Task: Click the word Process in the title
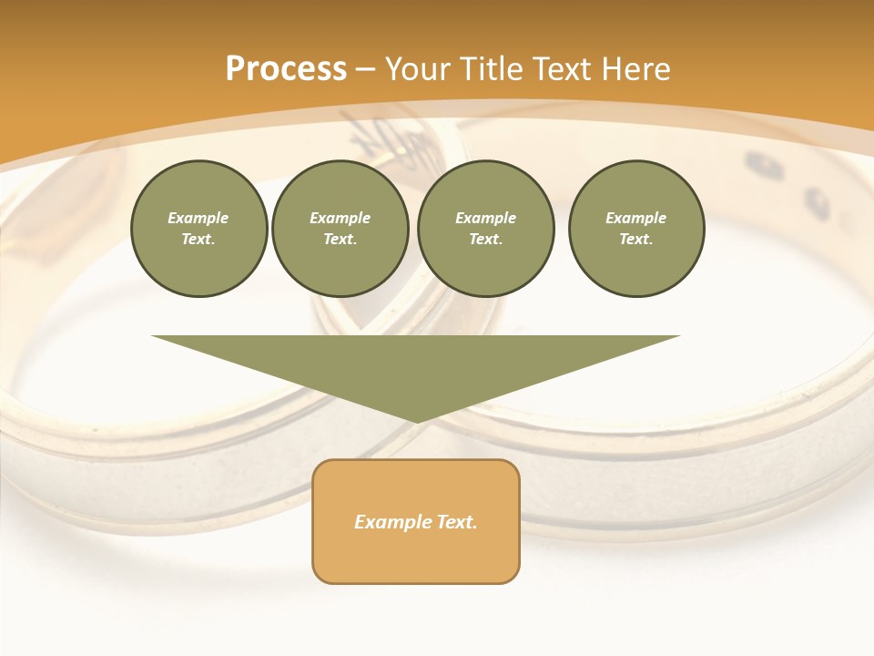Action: [x=286, y=69]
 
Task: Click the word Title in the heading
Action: [x=490, y=69]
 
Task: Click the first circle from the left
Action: [x=198, y=229]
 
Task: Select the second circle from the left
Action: [x=340, y=229]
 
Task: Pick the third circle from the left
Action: [x=486, y=229]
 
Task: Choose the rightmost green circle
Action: [x=636, y=229]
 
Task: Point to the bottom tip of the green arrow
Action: [x=417, y=421]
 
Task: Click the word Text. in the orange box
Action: [x=456, y=522]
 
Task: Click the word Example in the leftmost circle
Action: [x=198, y=218]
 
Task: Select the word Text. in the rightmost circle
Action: [x=636, y=240]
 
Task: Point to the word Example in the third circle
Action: [x=486, y=218]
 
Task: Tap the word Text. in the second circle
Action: [x=340, y=240]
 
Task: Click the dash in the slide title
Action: [x=365, y=69]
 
